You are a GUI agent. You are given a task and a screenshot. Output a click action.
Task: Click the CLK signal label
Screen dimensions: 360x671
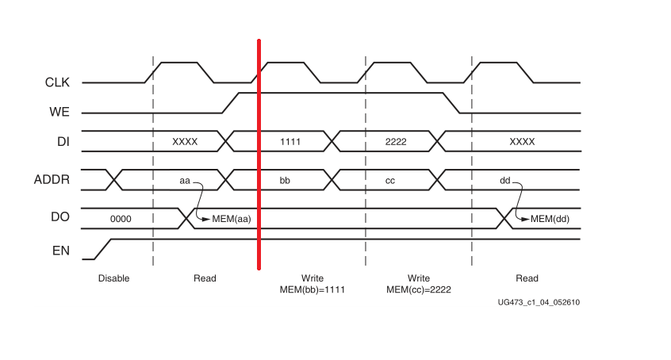tap(57, 82)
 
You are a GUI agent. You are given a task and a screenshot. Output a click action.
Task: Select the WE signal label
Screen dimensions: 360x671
tap(59, 112)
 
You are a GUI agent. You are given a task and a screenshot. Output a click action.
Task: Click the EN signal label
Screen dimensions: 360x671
tap(61, 251)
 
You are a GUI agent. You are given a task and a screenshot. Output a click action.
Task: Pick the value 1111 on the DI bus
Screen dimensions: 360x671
tap(291, 141)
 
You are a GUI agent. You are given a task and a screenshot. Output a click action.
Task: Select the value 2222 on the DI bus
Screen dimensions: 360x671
tap(395, 141)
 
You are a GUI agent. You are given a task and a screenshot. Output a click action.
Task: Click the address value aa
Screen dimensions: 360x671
tap(185, 181)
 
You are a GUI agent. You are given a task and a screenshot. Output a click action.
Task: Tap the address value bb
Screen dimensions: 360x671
tap(285, 181)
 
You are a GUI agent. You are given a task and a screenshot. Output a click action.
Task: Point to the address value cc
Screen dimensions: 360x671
tap(390, 181)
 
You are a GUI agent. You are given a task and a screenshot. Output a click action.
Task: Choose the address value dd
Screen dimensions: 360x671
tap(504, 181)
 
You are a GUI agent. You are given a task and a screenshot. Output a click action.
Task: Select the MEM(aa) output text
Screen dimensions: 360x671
tap(232, 219)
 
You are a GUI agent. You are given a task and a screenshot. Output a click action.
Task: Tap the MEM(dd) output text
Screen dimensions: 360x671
tap(550, 219)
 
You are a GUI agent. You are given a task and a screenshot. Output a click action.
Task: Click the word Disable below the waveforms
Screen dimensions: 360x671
tap(113, 278)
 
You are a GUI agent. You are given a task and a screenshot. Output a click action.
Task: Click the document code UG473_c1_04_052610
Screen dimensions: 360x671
tap(539, 302)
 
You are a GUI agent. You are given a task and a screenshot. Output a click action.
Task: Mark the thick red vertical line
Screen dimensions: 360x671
tap(259, 159)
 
